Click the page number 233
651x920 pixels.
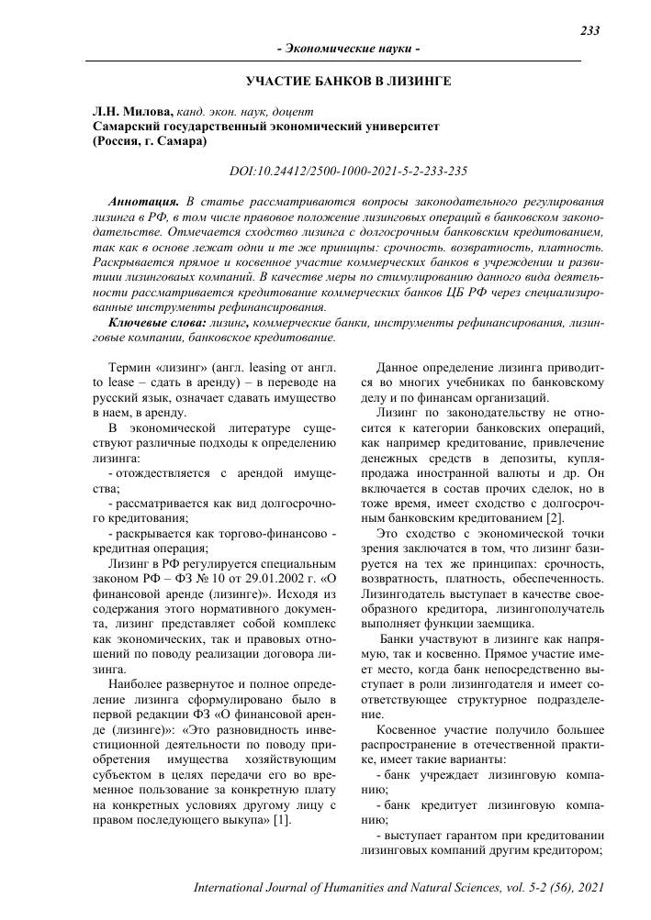pyautogui.click(x=590, y=31)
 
